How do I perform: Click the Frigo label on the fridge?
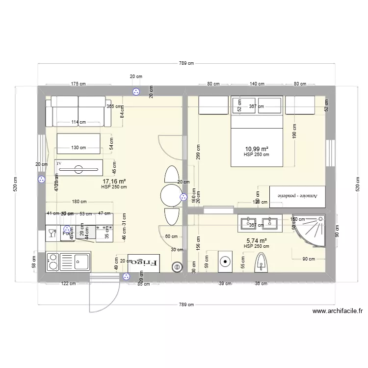pyautogui.click(x=144, y=263)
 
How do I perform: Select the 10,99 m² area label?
pyautogui.click(x=256, y=149)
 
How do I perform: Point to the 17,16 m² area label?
pyautogui.click(x=114, y=181)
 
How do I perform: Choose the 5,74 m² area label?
pyautogui.click(x=256, y=241)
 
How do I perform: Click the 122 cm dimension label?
pyautogui.click(x=68, y=283)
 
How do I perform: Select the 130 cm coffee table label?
pyautogui.click(x=79, y=148)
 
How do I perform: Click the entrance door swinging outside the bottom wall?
pyautogui.click(x=105, y=297)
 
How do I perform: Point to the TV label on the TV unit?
pyautogui.click(x=59, y=163)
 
